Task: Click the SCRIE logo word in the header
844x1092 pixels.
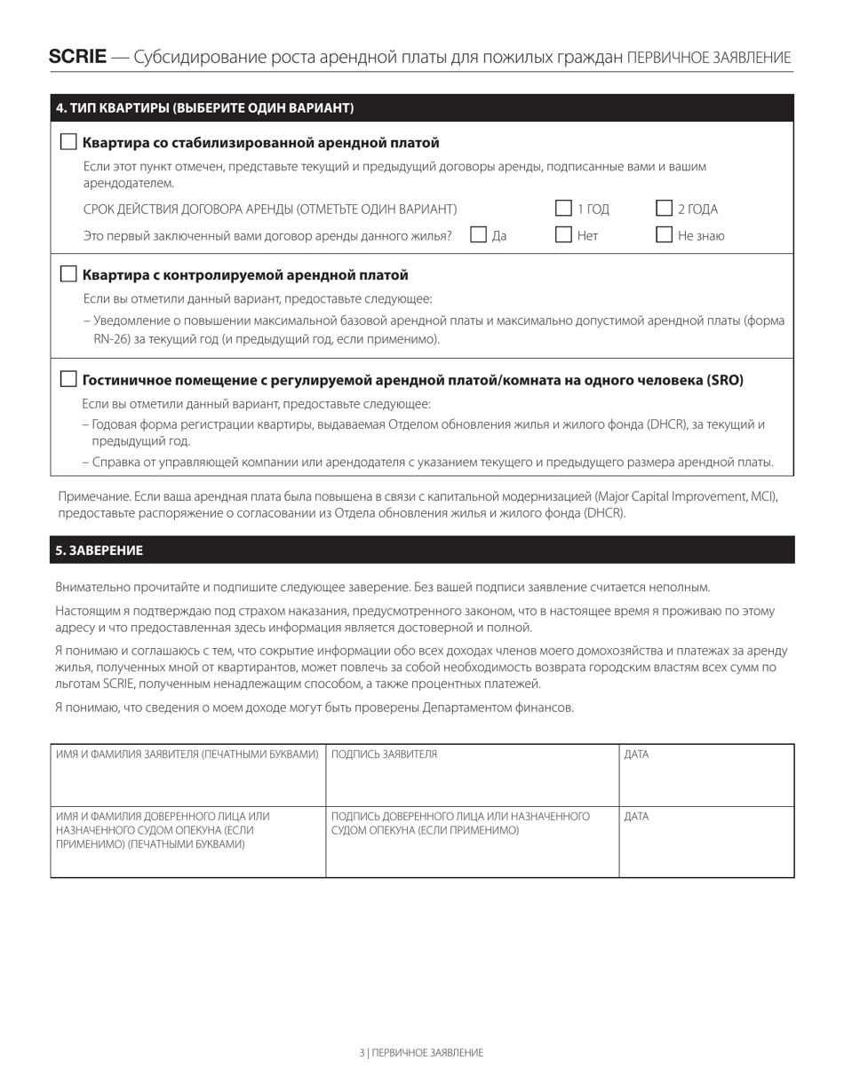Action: tap(77, 58)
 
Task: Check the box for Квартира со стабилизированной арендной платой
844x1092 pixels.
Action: tap(68, 142)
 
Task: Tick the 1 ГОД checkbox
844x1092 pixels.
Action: tap(563, 209)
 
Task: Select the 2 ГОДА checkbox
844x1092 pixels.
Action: tap(664, 209)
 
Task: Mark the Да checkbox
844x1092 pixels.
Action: tap(478, 235)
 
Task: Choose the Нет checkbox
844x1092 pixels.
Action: tap(563, 235)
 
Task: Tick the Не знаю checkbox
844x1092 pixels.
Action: tap(664, 235)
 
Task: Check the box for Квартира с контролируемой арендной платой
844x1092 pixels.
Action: tap(68, 274)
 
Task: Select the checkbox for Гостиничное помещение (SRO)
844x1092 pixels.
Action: tap(68, 379)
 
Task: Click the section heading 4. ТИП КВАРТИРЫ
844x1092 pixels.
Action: tap(204, 108)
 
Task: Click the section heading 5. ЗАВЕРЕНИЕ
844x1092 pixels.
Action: tap(99, 550)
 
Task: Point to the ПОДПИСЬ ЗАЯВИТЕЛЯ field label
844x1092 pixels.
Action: tap(384, 755)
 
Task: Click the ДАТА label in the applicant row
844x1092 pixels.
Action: tap(636, 755)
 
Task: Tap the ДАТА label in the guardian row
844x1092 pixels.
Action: tap(636, 817)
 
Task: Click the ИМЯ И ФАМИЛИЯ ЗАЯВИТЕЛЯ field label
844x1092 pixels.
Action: tap(187, 755)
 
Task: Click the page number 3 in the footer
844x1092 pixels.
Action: tap(362, 1053)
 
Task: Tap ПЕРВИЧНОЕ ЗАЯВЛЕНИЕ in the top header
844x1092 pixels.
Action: tap(708, 58)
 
